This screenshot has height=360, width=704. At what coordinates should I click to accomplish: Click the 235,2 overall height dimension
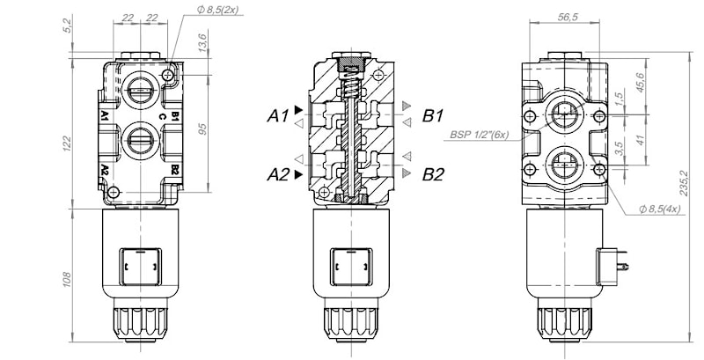[x=684, y=183]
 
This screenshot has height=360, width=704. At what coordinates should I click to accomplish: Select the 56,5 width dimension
[x=568, y=17]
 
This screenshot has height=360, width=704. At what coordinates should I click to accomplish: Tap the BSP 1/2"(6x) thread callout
[x=480, y=135]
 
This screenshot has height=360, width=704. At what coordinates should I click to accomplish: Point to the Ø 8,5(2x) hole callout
[x=217, y=10]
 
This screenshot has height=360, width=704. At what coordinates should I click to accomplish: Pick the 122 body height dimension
[x=67, y=143]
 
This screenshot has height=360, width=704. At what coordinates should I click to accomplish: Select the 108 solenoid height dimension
[x=67, y=279]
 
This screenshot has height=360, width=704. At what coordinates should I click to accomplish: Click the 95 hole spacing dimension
[x=203, y=129]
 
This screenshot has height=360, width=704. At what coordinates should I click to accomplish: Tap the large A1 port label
[x=278, y=116]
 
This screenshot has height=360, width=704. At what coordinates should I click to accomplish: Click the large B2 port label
[x=433, y=174]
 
